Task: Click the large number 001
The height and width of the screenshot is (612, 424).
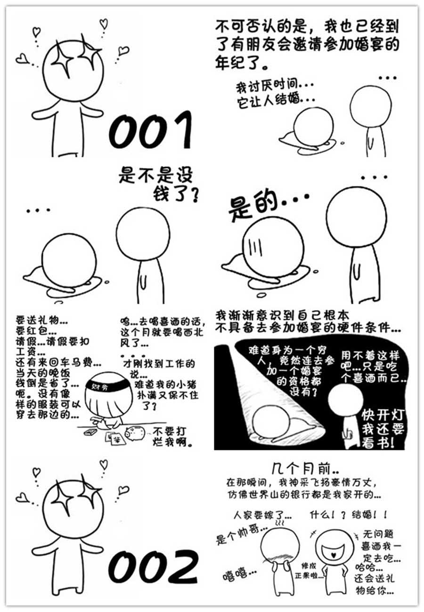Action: [x=150, y=130]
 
